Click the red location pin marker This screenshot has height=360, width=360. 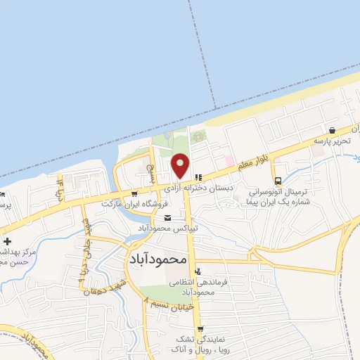tap(181, 165)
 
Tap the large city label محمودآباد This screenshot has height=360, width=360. tap(158, 259)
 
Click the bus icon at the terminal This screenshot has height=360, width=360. tap(278, 180)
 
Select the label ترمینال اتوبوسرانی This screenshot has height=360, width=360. tap(281, 191)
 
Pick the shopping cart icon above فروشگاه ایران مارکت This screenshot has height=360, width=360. tap(134, 193)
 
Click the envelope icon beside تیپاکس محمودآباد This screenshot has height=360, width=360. tap(167, 219)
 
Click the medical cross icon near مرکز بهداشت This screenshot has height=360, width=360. tap(8, 241)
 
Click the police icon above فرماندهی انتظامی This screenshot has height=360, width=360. tap(198, 271)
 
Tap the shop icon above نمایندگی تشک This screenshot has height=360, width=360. tap(200, 329)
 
